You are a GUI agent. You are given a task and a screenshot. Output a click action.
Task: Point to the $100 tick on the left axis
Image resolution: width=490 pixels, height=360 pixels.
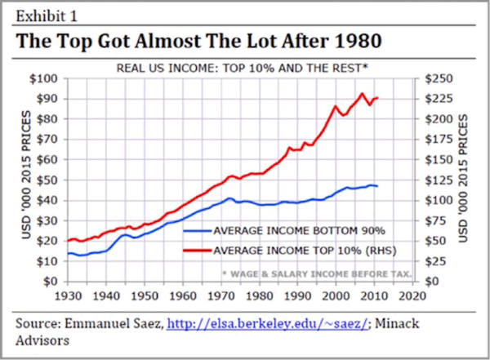[x=42, y=78]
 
